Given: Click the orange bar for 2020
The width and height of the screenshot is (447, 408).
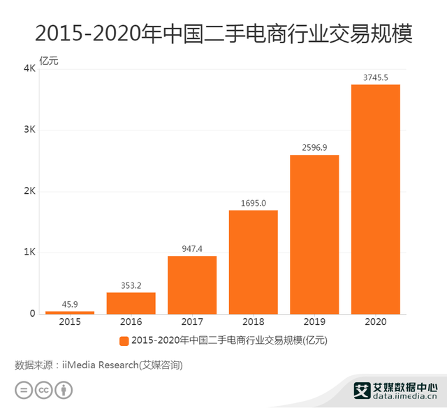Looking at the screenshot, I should pos(375,199).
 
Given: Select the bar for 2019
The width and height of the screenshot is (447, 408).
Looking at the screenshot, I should pos(314,234).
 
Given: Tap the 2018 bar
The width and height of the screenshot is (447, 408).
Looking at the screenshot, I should pos(253,262).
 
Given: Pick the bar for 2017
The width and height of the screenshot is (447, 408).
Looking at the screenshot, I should pos(192,285).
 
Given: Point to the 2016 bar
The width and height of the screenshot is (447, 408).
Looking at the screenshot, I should pos(131,303).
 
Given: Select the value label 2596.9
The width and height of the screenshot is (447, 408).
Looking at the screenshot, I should pos(314,147).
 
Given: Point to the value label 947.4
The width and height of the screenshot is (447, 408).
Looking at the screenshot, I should pos(192,248).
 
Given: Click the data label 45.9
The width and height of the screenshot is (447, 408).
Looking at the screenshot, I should pos(70,304).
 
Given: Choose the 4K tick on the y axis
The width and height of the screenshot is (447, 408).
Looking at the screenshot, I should pos(29,69).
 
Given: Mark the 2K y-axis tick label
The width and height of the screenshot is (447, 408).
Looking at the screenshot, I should pos(29,191).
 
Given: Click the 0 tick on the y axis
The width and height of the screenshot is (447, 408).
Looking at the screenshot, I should pos(32,314).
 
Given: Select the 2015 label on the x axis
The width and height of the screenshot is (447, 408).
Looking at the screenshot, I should pos(70,323).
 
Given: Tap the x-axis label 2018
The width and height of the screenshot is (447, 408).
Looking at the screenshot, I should pos(253,323).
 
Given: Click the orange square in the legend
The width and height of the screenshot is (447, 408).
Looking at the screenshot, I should pos(124,341).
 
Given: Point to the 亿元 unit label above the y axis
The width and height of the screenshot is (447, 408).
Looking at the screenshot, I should pos(49,60).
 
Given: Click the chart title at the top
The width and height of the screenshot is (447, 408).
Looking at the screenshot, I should pos(223,33).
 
